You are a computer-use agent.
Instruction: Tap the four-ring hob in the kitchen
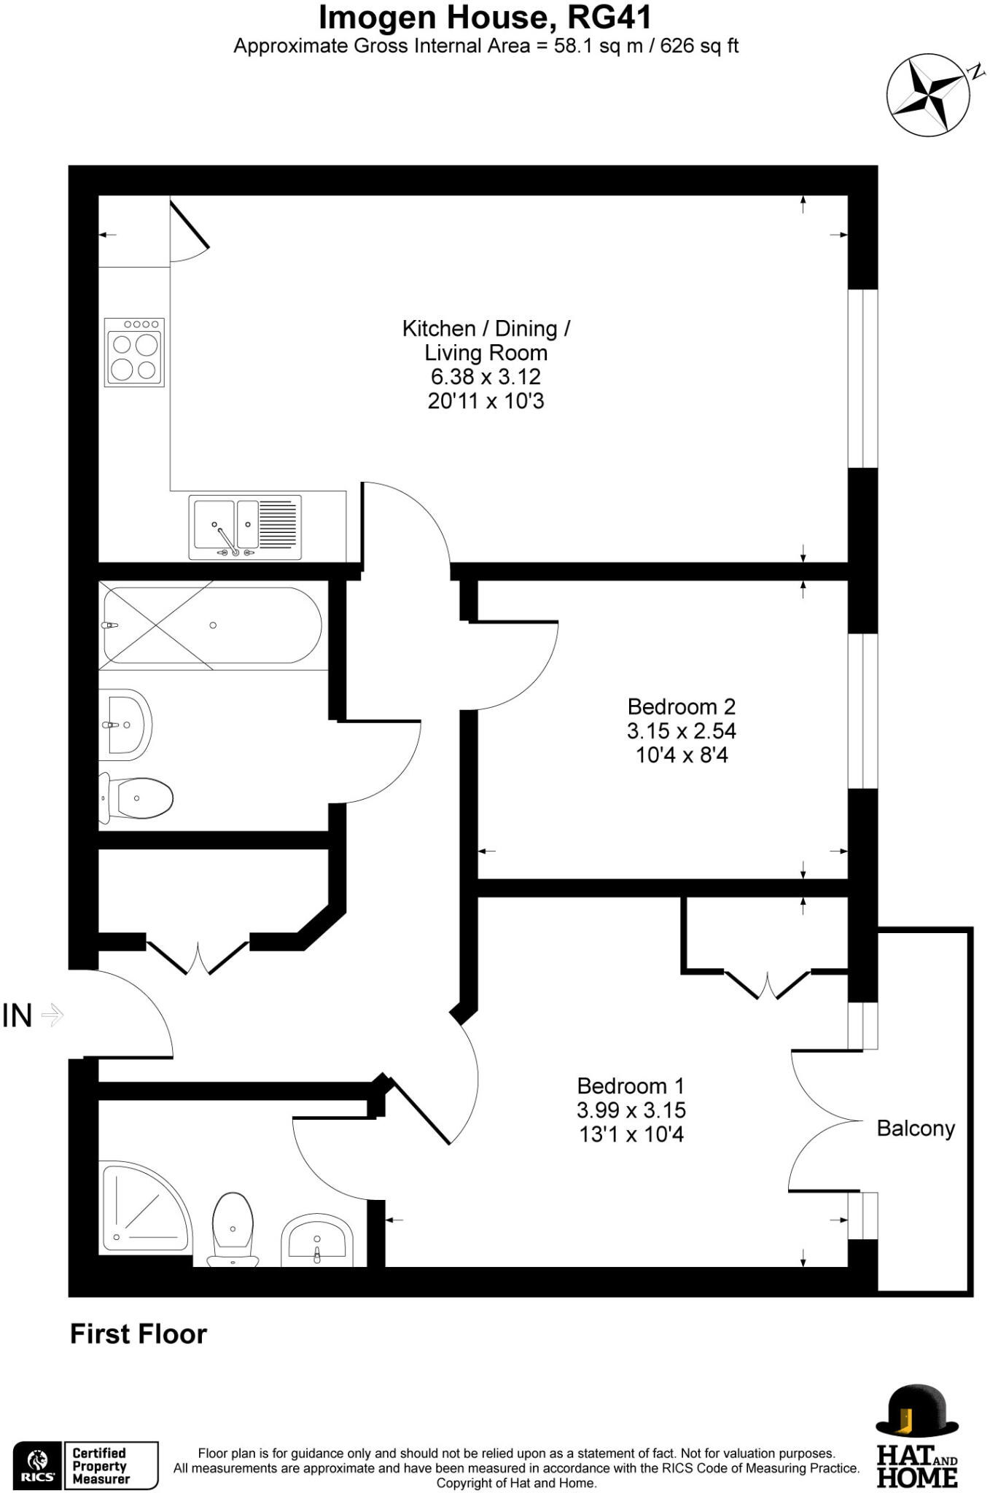tap(134, 353)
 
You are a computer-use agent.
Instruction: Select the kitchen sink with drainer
tap(245, 527)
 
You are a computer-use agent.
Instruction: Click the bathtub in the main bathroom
tap(211, 625)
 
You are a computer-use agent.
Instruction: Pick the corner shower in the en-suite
tap(142, 1210)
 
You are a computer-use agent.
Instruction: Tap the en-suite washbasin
tap(317, 1239)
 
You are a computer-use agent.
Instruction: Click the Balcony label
tap(916, 1128)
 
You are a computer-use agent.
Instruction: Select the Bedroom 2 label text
tap(681, 706)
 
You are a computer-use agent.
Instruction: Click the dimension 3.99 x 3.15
tap(631, 1110)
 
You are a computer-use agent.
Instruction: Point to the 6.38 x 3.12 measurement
tap(486, 377)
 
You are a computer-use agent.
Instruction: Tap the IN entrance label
tap(17, 1016)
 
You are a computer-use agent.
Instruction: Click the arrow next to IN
tap(53, 1015)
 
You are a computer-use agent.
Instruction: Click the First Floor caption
tap(139, 1334)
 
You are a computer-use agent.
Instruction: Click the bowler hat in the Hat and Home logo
tap(917, 1411)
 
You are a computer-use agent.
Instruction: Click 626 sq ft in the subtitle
tap(699, 46)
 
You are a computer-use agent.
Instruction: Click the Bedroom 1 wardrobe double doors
tap(767, 984)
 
